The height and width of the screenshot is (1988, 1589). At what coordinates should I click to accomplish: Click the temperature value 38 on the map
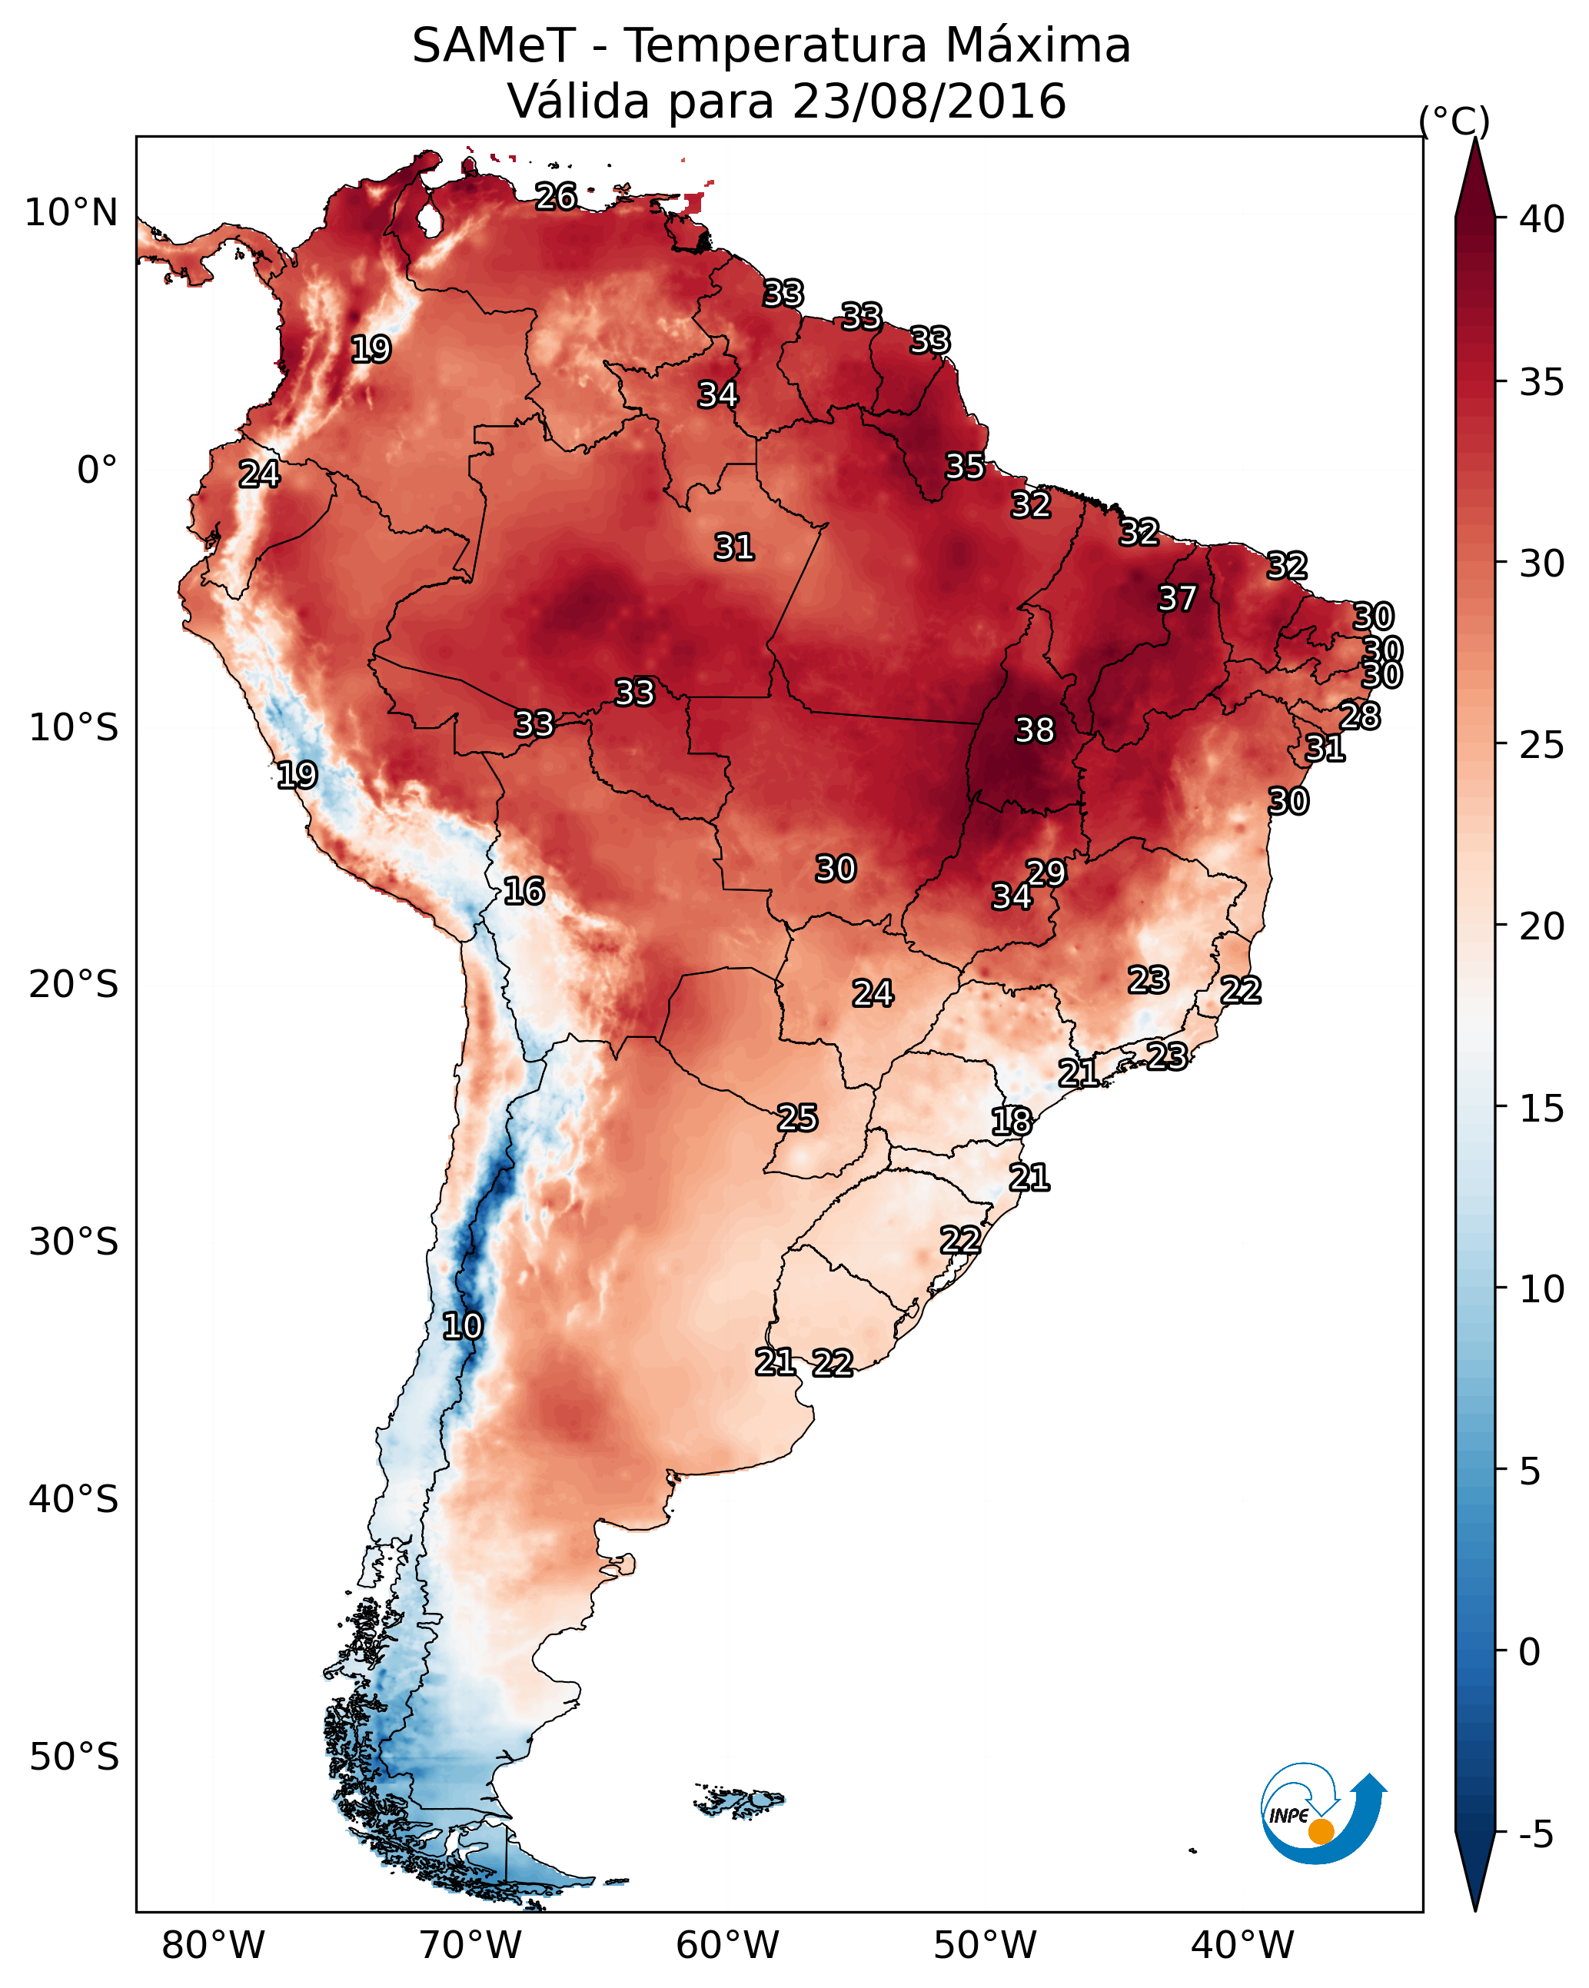(1034, 730)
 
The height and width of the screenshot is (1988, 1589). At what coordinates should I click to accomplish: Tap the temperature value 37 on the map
(1177, 598)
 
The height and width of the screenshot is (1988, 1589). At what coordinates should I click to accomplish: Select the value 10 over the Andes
(462, 1326)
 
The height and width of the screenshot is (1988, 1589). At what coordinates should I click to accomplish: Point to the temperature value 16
(524, 891)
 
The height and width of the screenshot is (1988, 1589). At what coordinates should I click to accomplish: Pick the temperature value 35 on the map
(965, 467)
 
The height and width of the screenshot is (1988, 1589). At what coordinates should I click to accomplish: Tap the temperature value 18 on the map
(1012, 1122)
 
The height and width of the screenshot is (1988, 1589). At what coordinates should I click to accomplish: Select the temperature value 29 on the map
(1045, 873)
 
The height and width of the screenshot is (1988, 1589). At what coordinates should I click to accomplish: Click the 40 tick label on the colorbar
(1541, 219)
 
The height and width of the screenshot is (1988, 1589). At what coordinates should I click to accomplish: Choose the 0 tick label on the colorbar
(1529, 1652)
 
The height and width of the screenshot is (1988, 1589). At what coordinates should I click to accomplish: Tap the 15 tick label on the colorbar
(1541, 1109)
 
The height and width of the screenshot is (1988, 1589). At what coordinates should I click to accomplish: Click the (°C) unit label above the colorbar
(1454, 121)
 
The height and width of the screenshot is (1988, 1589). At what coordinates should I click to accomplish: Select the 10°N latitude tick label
(71, 213)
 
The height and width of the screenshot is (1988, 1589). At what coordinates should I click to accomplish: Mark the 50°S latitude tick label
(74, 1757)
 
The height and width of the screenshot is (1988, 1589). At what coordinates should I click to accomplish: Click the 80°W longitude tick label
(213, 1945)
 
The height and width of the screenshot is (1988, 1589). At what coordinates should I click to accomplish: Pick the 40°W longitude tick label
(1242, 1945)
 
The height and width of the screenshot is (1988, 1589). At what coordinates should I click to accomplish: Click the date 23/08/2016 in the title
(929, 101)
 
